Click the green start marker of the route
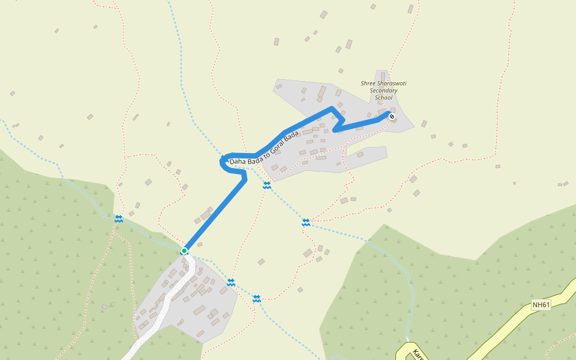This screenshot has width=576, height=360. (x=184, y=250)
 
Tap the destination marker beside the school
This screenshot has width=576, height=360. (x=392, y=116)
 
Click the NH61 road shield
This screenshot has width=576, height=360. (x=541, y=305)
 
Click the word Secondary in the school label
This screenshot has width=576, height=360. (x=383, y=91)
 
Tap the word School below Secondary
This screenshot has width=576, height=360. (x=383, y=98)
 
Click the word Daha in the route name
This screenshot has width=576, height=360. (x=237, y=161)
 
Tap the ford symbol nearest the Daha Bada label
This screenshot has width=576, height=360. (x=266, y=185)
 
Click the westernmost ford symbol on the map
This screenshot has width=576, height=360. (x=119, y=219)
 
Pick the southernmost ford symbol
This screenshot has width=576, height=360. (x=257, y=298)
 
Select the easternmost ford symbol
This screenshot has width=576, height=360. (x=306, y=223)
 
